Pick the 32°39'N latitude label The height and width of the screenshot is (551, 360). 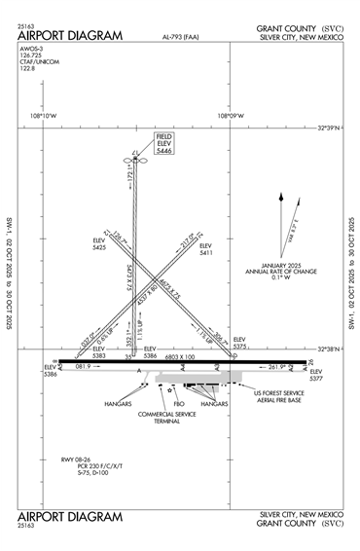point(334,128)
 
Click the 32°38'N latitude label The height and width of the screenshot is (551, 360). point(334,348)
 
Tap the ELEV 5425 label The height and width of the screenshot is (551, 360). point(99,243)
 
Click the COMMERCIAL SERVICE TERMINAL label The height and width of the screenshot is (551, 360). point(166,418)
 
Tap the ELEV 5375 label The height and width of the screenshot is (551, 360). point(240,342)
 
